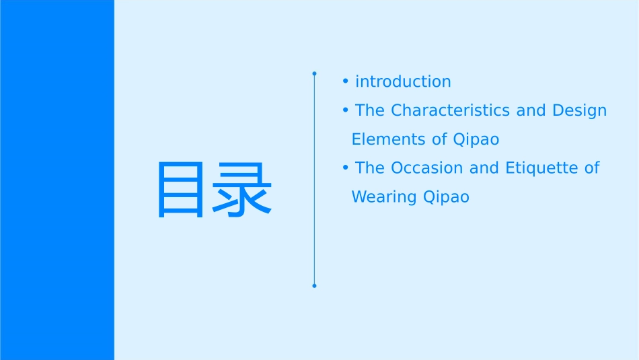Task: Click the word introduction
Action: tap(403, 81)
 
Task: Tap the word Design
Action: tap(580, 110)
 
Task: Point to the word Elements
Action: tap(389, 139)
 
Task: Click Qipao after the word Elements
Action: tap(476, 140)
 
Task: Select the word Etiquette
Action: tap(541, 168)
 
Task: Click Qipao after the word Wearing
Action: tap(447, 198)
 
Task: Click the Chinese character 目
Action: tap(180, 189)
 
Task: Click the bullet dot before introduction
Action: tap(345, 81)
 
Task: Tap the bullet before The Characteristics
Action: tap(345, 110)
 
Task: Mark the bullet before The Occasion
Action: tap(345, 168)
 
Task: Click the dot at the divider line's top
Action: tap(314, 73)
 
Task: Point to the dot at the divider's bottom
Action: tap(314, 286)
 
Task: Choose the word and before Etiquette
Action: tap(484, 168)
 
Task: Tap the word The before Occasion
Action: tap(370, 168)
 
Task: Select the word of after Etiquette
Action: tap(591, 168)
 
